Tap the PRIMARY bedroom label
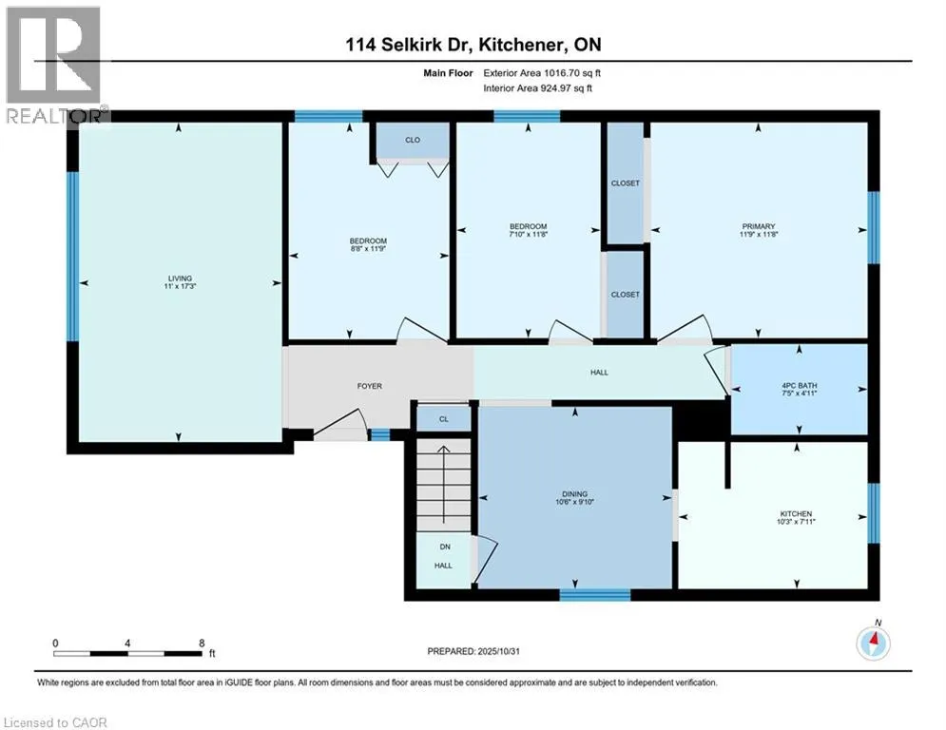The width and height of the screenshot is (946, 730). point(759,226)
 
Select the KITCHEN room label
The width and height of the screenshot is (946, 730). point(797,515)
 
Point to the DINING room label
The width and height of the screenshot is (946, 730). point(574,493)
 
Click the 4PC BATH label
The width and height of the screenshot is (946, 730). point(798,385)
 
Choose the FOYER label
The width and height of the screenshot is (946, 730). point(370,387)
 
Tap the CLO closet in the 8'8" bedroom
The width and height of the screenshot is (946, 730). point(413,140)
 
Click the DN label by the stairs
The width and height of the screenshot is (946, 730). point(444,547)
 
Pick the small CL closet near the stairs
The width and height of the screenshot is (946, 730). point(443,418)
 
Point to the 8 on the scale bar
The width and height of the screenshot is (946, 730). point(202,642)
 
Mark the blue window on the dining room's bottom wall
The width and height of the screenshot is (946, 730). point(594,595)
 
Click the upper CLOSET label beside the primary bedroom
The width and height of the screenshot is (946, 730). point(626,183)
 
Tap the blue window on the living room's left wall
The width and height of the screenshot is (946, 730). point(71,255)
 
